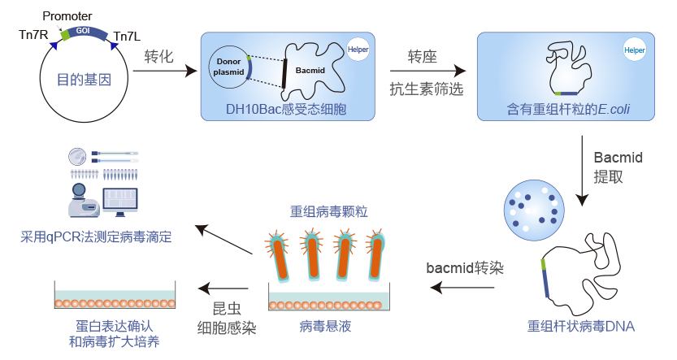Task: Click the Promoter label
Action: [x=67, y=15]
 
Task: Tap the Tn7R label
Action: [x=34, y=34]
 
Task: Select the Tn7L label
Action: [x=127, y=36]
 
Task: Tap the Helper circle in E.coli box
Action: [x=634, y=49]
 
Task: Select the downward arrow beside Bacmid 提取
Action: [x=582, y=171]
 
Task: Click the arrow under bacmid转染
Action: [x=463, y=287]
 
